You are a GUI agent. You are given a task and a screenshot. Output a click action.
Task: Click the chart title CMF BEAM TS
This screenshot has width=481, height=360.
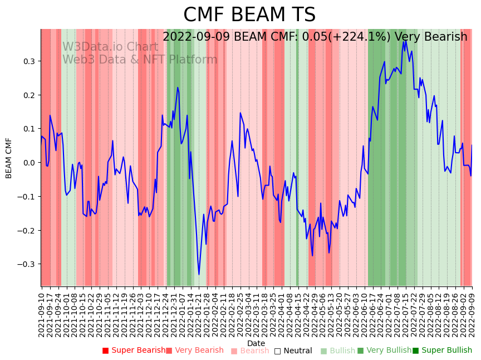click(249, 15)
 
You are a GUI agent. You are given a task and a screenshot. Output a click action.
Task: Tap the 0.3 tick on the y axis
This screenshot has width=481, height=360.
click(29, 61)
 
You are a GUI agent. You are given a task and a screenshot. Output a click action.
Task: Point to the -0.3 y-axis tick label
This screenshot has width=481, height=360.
click(27, 264)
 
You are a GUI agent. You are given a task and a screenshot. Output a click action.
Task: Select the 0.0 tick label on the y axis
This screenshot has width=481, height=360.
click(29, 163)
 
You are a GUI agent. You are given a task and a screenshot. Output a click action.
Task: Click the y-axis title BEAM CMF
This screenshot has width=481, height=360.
click(9, 158)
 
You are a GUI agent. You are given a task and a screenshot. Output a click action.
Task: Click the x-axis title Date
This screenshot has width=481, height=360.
click(256, 343)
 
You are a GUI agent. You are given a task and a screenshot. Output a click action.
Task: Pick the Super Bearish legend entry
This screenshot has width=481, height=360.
click(134, 351)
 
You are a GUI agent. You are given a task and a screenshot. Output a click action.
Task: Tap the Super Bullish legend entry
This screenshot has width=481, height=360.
click(442, 351)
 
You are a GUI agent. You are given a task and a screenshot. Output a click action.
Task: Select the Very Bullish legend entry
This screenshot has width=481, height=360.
click(384, 351)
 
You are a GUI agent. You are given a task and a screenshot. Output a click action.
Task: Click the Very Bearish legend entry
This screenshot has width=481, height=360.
click(194, 351)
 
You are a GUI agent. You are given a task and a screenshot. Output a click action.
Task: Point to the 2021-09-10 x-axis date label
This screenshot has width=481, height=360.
click(42, 312)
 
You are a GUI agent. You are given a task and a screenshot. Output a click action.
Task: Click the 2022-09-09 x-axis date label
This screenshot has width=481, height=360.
click(472, 312)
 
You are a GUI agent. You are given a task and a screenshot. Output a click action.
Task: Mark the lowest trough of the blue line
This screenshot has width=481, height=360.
click(199, 274)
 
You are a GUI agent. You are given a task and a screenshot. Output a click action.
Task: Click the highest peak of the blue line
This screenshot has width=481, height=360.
click(406, 40)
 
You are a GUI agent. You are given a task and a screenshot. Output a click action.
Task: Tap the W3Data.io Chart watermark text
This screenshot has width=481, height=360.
click(110, 47)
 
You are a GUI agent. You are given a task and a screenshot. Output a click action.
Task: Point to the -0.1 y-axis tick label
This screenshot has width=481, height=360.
click(27, 197)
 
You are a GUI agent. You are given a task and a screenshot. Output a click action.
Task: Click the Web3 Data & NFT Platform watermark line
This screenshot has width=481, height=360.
click(140, 60)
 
